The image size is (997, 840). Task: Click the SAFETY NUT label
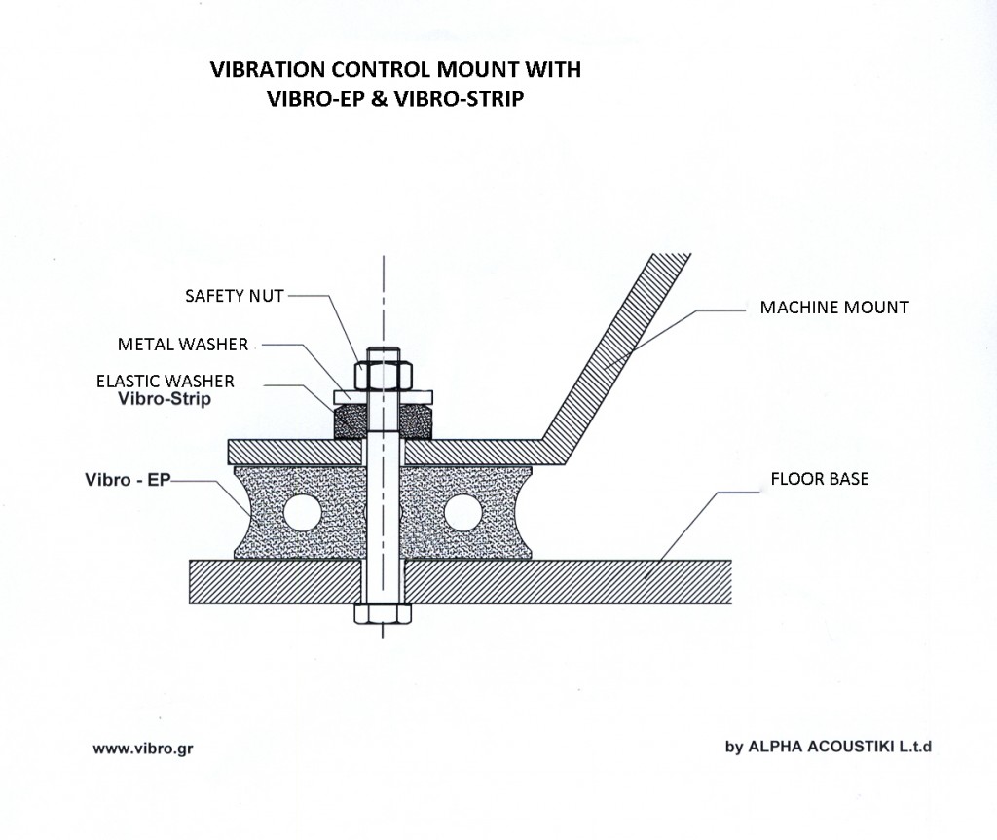tap(234, 295)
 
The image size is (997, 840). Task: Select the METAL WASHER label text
tap(183, 344)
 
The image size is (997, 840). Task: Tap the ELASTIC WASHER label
tap(165, 382)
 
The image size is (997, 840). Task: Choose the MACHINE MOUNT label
tap(833, 308)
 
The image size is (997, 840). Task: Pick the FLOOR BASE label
tap(819, 479)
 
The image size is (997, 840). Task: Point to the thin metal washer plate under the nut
tap(383, 396)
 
